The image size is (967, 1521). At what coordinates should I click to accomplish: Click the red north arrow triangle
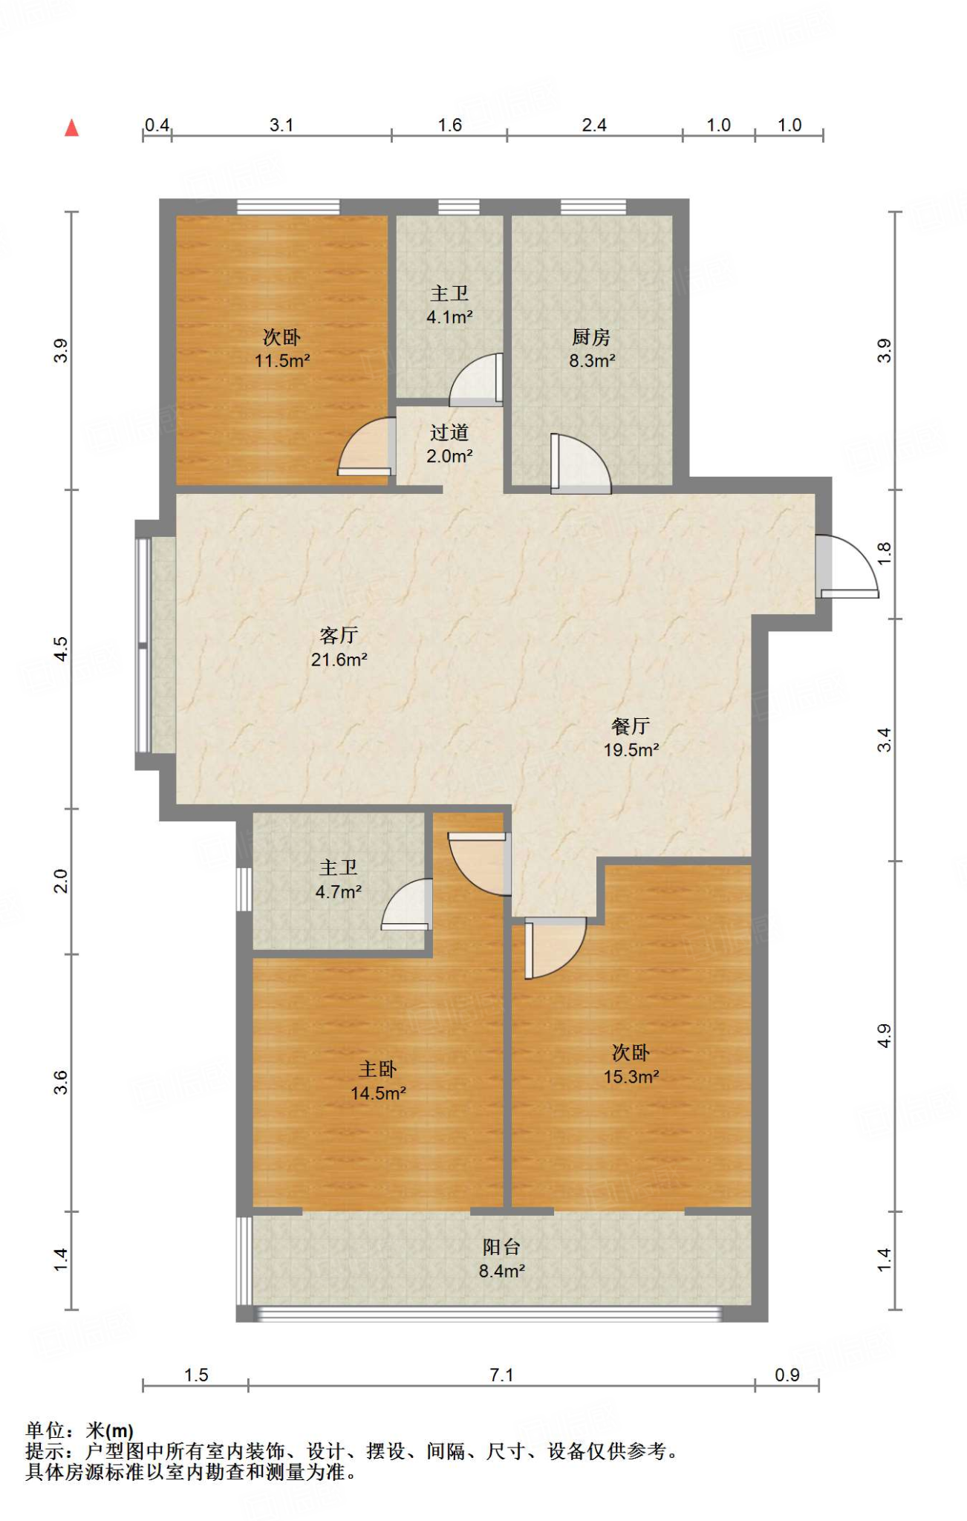click(71, 128)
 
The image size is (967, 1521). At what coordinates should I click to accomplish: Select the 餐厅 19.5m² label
click(631, 737)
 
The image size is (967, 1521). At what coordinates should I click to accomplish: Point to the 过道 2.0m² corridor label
click(449, 444)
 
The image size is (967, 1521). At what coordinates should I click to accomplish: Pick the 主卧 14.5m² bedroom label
click(378, 1081)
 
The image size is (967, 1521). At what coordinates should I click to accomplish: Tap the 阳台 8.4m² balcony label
click(501, 1259)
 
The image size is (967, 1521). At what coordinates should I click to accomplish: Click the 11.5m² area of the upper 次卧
click(281, 361)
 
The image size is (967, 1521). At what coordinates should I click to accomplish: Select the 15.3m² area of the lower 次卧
click(631, 1077)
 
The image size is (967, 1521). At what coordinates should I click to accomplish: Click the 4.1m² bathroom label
click(449, 317)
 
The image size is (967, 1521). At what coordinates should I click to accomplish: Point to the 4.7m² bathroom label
click(338, 892)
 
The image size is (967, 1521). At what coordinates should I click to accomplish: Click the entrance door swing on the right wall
click(847, 568)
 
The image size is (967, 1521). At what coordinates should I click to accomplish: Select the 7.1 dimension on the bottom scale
click(501, 1375)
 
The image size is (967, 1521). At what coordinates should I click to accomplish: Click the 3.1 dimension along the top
click(281, 125)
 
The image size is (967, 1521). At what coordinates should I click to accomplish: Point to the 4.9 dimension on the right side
click(884, 1035)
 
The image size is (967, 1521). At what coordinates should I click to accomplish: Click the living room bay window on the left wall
click(143, 645)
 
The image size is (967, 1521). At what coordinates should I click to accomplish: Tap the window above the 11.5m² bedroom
click(288, 206)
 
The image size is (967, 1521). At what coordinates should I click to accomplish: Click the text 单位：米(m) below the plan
click(79, 1430)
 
